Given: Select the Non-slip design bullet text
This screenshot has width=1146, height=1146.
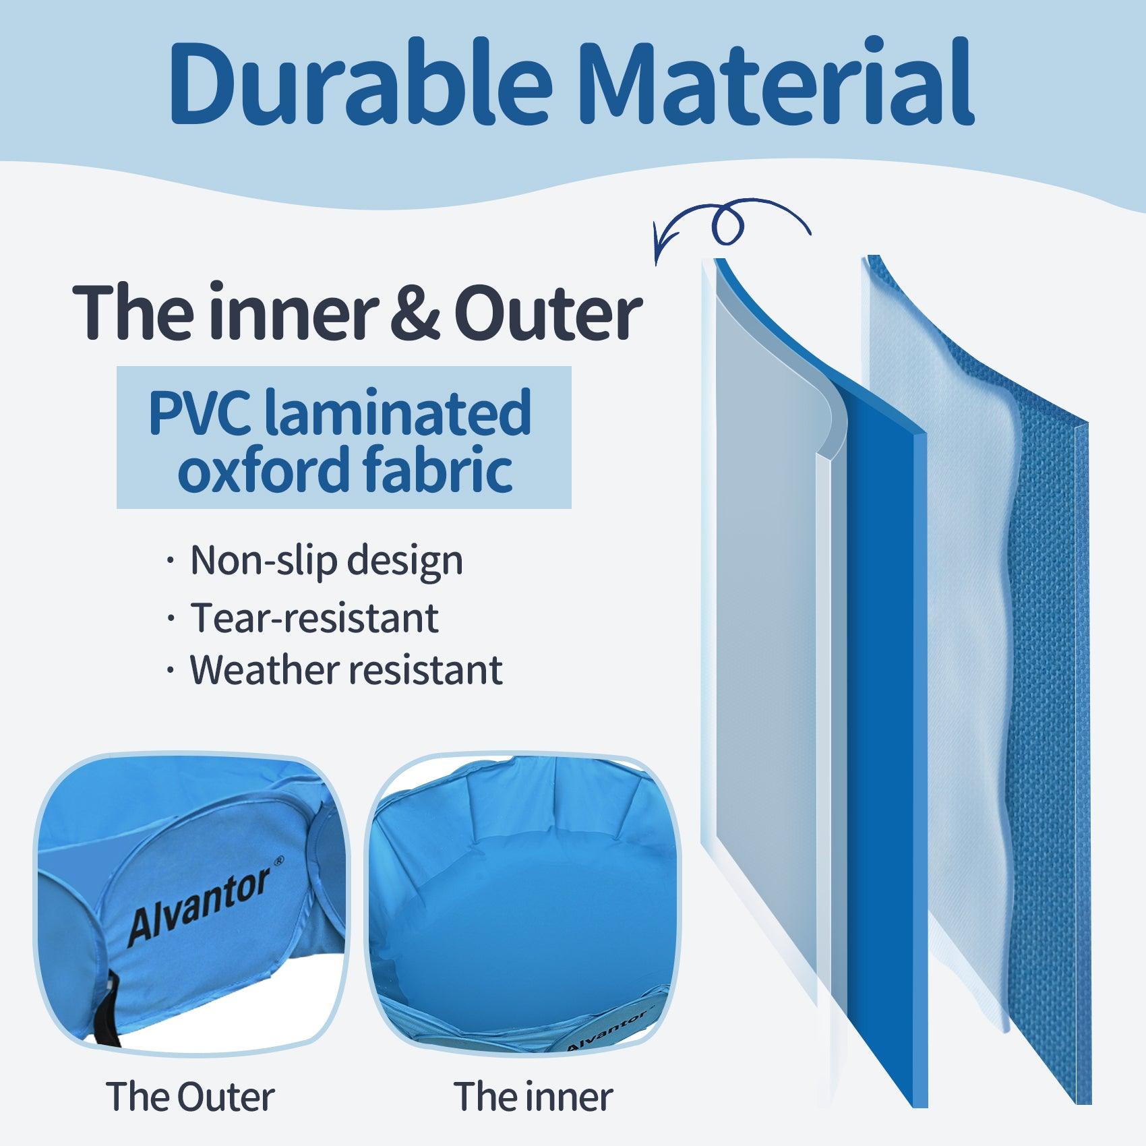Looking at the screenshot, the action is [x=326, y=560].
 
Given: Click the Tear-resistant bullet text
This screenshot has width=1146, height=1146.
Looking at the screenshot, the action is [x=314, y=617].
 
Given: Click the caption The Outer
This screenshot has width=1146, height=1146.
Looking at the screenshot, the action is [x=190, y=1097].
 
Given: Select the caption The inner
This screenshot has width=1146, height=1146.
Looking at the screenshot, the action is [x=533, y=1097].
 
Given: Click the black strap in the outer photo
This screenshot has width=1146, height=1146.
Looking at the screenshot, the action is [x=108, y=1011].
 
